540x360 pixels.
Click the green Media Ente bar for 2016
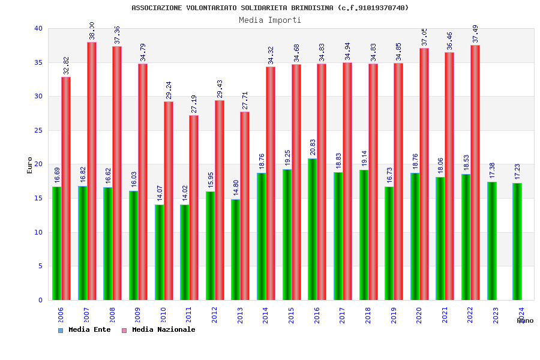point(313,229)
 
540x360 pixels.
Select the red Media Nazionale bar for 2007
point(92,171)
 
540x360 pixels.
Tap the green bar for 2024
point(517,241)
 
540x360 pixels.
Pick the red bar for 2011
point(194,208)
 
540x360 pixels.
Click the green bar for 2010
point(159,252)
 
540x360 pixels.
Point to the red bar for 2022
point(475,172)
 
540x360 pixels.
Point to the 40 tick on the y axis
point(38,28)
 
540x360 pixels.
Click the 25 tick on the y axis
point(38,130)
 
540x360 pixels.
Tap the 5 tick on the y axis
point(40,266)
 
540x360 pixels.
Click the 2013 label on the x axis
point(240,316)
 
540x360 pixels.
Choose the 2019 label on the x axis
point(394,316)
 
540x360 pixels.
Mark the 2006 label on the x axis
point(61,316)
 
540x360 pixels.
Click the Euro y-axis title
point(30,165)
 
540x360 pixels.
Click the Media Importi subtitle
point(270,20)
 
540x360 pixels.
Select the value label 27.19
point(194,104)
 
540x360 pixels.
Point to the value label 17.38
point(492,172)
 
